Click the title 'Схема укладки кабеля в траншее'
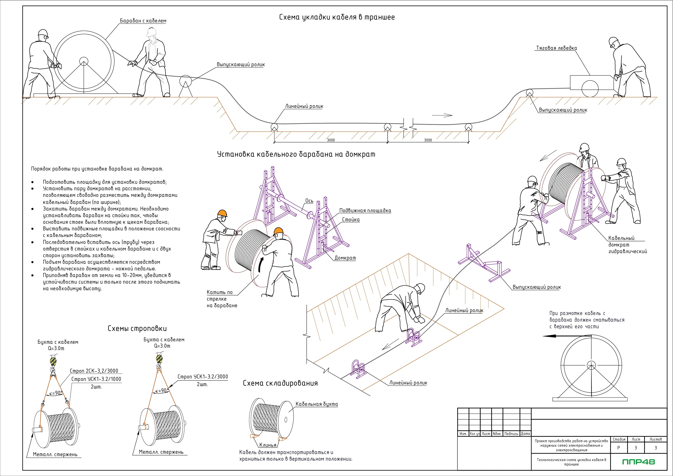click(x=336, y=17)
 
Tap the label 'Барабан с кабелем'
click(x=143, y=21)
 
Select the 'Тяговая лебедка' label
click(x=556, y=48)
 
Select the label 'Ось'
click(x=309, y=201)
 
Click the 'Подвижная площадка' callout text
click(x=365, y=211)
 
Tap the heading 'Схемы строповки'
click(x=137, y=329)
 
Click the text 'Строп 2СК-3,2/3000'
click(x=94, y=371)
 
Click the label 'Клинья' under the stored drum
click(x=268, y=445)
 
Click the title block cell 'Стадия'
click(x=619, y=439)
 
